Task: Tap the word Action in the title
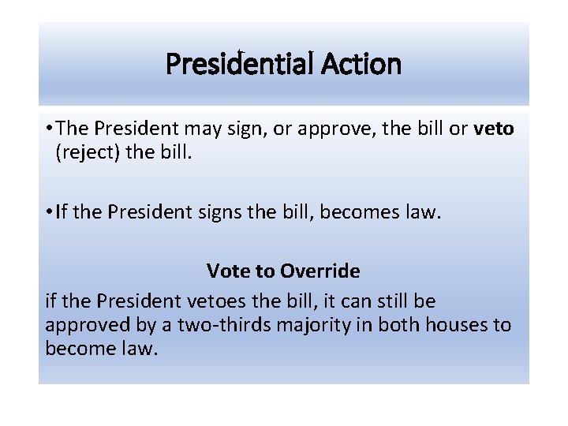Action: (x=362, y=64)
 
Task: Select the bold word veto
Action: (x=494, y=129)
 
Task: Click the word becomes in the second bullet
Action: (x=347, y=211)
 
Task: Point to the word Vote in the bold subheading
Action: (x=226, y=271)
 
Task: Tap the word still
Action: (x=386, y=301)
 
